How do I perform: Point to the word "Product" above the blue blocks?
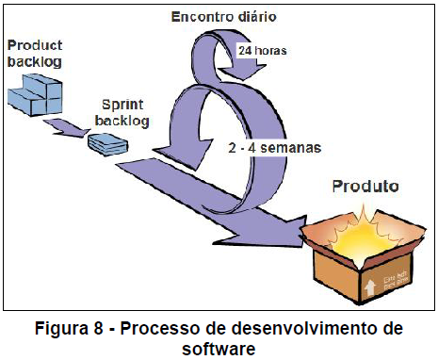tap(34, 44)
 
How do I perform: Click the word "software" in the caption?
tap(219, 348)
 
